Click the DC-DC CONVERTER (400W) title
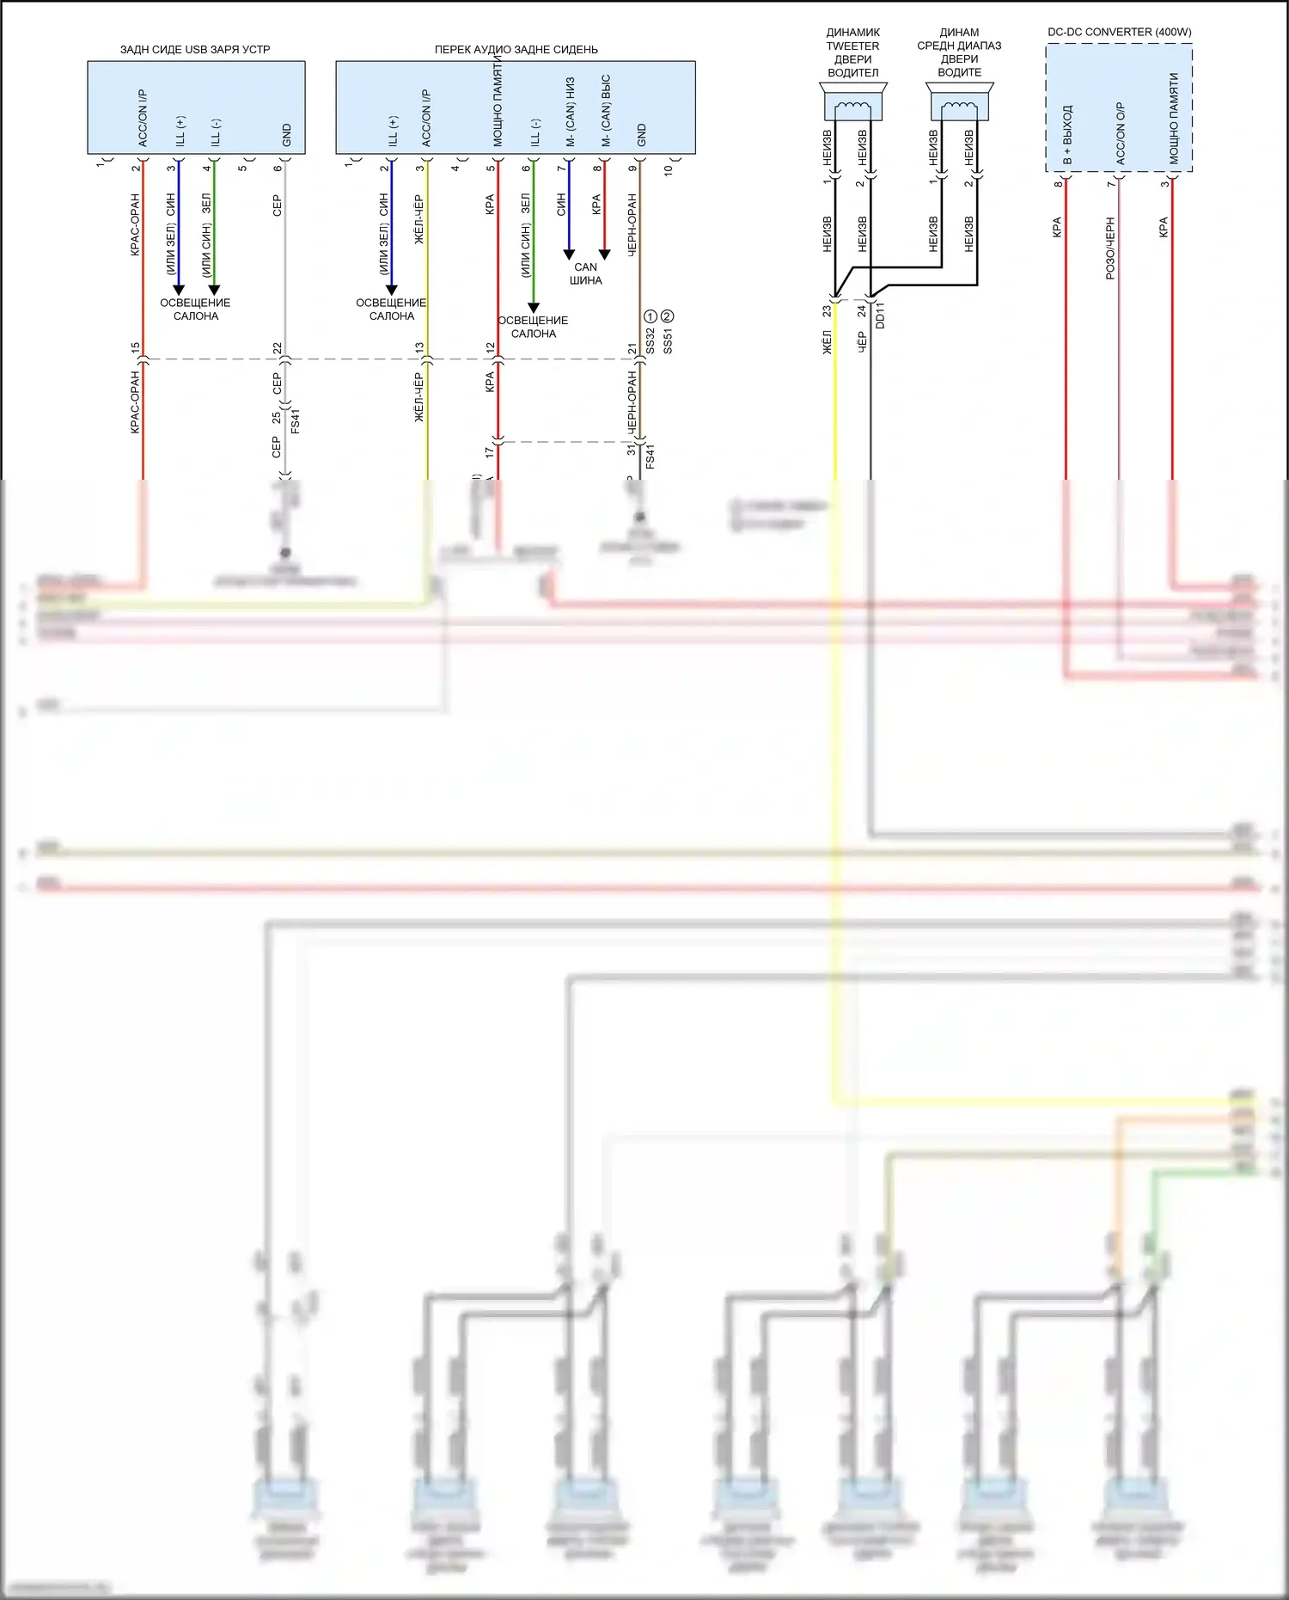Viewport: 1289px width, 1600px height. point(1119,32)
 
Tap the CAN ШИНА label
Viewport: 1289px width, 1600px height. point(585,273)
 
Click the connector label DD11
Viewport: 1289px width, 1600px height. point(879,316)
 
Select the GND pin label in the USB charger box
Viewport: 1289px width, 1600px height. point(287,135)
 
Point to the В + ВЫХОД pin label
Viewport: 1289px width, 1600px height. point(1067,135)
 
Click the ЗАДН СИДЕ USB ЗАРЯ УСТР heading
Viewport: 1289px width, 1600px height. point(195,49)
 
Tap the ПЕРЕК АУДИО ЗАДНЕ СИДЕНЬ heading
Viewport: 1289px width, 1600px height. point(516,49)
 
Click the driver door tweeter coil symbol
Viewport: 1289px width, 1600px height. point(852,107)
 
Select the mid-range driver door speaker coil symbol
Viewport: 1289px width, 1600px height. point(959,107)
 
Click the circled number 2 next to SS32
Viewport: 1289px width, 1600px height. point(667,316)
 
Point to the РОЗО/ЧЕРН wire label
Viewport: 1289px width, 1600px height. point(1109,248)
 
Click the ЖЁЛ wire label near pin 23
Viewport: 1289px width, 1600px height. point(828,342)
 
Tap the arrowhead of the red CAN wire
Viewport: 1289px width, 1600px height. point(604,254)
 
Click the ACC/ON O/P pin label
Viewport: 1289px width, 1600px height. point(1121,133)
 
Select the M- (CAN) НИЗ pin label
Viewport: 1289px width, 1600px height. point(570,112)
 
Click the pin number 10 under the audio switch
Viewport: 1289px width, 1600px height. point(668,169)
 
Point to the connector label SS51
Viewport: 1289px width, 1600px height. point(668,341)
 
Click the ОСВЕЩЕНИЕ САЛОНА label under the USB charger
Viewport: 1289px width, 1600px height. point(195,310)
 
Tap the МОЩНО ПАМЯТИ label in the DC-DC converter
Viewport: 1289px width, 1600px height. point(1174,118)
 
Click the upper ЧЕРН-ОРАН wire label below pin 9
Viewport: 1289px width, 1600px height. point(632,224)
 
